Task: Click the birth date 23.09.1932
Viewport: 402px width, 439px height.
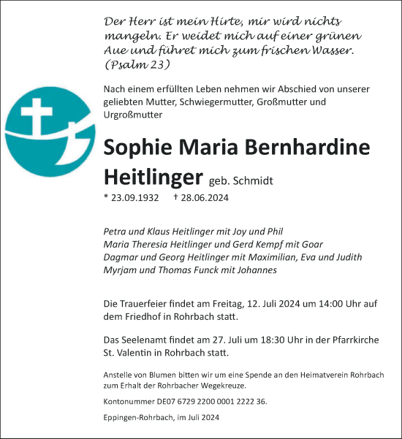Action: click(133, 198)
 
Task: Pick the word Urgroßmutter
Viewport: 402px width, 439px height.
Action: click(134, 115)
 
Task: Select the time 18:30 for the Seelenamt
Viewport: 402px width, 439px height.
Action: click(268, 340)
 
